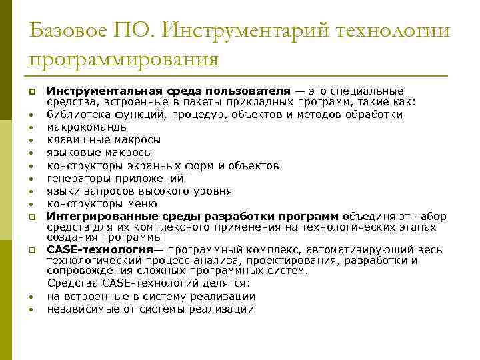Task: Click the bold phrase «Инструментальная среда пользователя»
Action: point(169,90)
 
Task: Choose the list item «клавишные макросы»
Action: point(103,140)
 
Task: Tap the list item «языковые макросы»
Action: point(99,153)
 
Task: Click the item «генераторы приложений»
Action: point(115,179)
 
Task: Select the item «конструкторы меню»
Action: point(102,204)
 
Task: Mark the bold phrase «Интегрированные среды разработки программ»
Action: point(193,217)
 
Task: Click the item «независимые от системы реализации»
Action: point(151,309)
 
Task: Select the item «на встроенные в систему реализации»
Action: point(151,297)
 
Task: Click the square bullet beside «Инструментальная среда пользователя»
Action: point(31,91)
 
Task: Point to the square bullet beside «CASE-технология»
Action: point(31,250)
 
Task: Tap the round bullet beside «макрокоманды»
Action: point(31,128)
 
